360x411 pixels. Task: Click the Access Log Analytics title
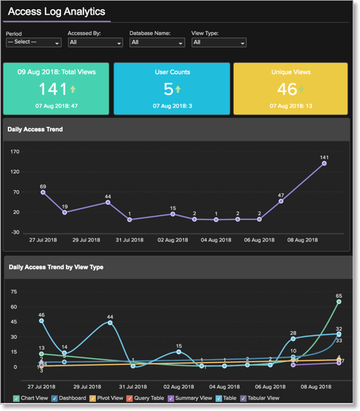[x=56, y=11]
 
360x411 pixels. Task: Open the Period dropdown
[x=34, y=43]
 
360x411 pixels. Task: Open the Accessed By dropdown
[x=95, y=43]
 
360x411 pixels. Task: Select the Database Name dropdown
[x=157, y=43]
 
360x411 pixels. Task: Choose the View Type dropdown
[x=219, y=43]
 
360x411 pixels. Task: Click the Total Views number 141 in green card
[x=52, y=89]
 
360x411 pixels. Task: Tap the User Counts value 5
[x=168, y=89]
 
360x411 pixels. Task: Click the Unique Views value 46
[x=287, y=89]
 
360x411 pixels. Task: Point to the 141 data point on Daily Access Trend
[x=324, y=163]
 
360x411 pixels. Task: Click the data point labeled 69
[x=43, y=192]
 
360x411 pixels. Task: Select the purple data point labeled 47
[x=281, y=201]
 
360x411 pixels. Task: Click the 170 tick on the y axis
[x=16, y=152]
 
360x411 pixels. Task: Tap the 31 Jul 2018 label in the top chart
[x=129, y=240]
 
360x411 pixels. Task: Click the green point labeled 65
[x=339, y=302]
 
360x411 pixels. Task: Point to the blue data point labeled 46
[x=41, y=320]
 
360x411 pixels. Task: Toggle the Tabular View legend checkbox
[x=243, y=398]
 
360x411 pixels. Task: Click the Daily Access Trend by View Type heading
[x=56, y=267]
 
